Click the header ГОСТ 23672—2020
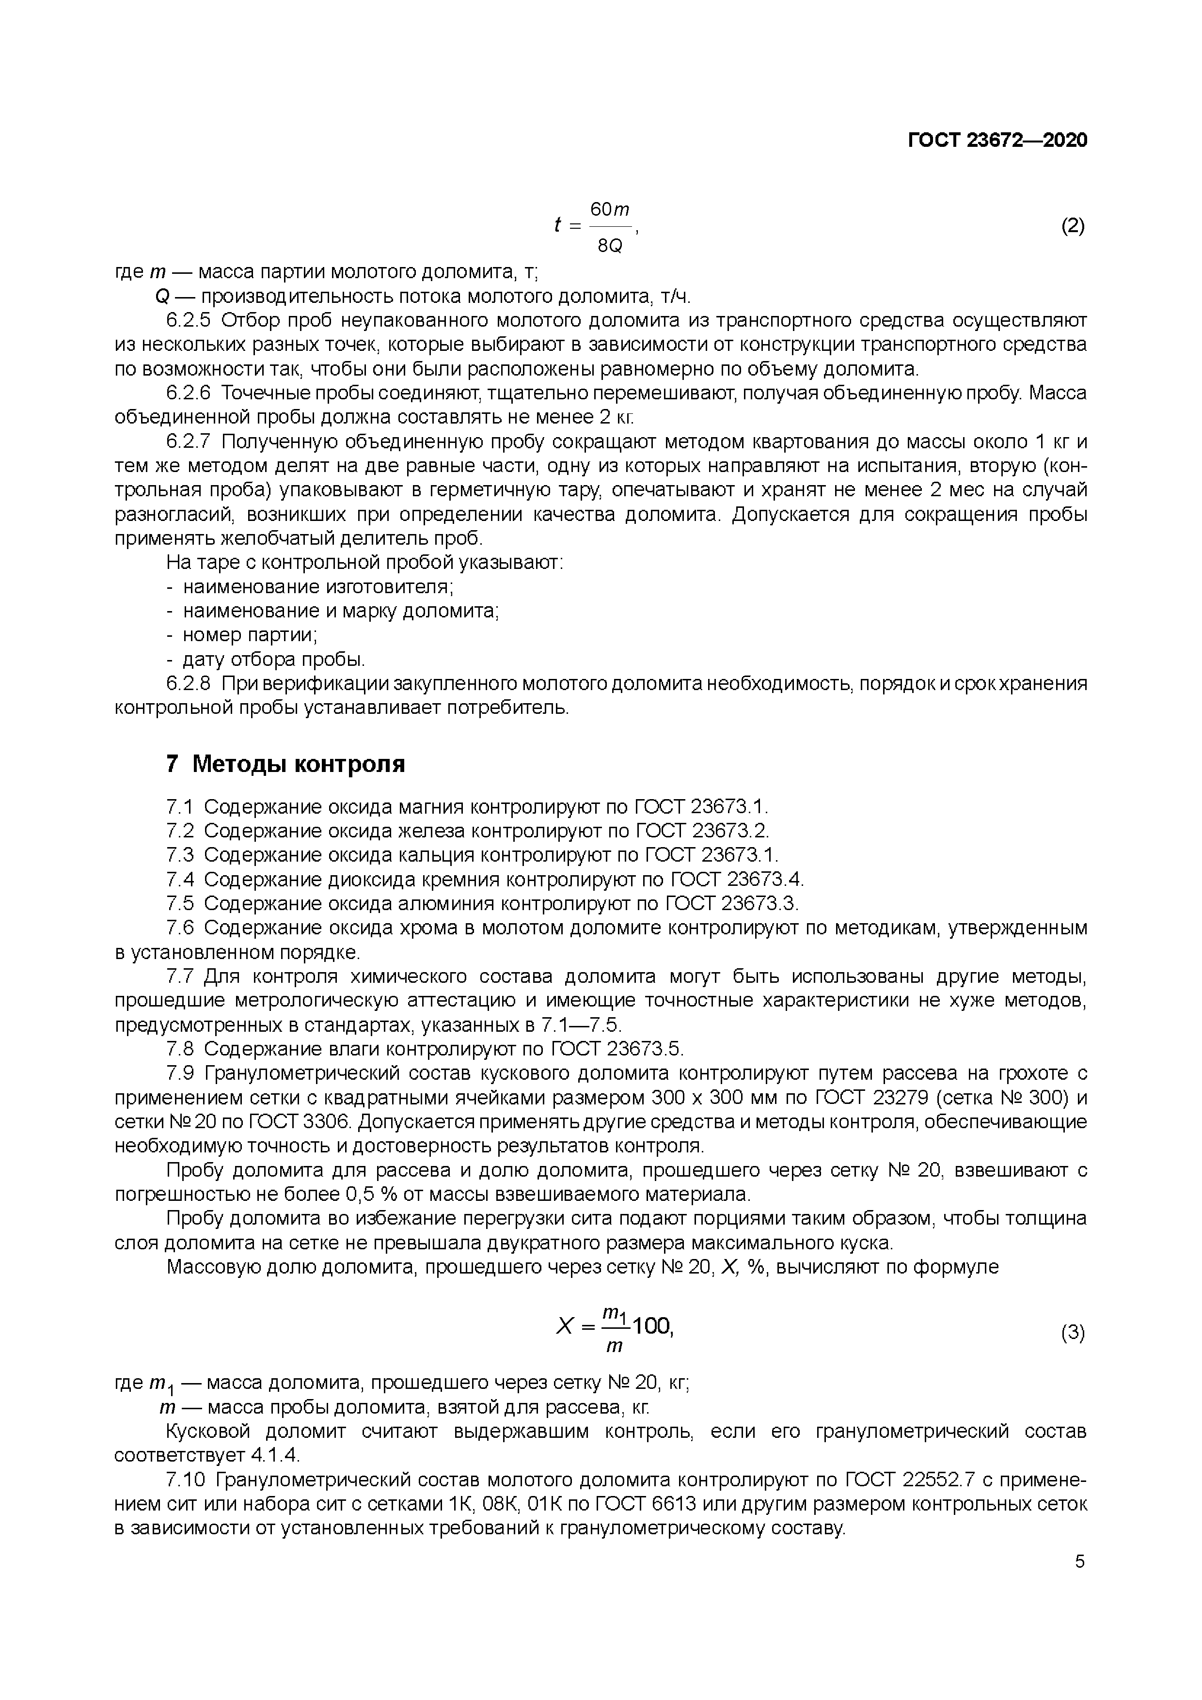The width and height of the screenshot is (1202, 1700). point(997,141)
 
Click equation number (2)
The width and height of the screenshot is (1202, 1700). point(1073,226)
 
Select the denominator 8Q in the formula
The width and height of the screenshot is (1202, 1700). point(610,245)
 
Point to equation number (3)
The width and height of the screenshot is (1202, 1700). point(1073,1334)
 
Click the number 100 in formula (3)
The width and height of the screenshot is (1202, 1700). point(652,1326)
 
